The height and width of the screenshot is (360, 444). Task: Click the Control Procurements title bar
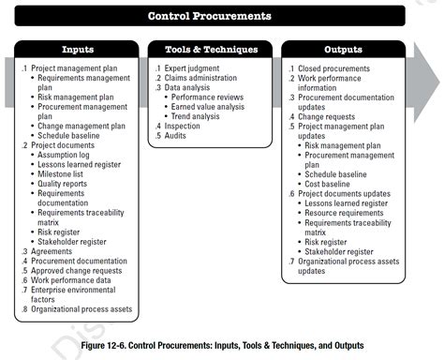(210, 16)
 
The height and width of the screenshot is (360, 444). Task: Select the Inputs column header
(77, 50)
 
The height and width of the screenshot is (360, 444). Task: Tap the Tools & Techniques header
(210, 50)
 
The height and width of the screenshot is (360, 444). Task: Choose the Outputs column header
(343, 50)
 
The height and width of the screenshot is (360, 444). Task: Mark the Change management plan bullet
(83, 126)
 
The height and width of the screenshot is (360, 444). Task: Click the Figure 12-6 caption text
(223, 346)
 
